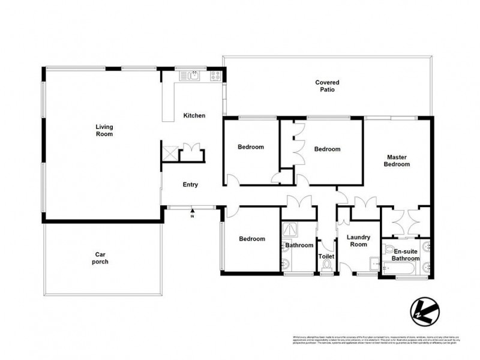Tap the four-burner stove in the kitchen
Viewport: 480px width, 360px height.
(x=215, y=76)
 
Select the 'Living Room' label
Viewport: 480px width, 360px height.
(x=104, y=130)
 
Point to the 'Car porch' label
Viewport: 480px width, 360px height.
(x=100, y=258)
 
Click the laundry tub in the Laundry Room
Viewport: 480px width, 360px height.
(x=374, y=262)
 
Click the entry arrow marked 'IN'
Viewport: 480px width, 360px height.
(x=192, y=211)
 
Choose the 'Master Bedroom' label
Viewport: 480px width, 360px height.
(x=397, y=160)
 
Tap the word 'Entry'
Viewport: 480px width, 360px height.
(x=190, y=185)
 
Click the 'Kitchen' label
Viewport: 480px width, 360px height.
(x=194, y=115)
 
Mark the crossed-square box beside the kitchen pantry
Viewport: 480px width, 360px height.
(x=169, y=153)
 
